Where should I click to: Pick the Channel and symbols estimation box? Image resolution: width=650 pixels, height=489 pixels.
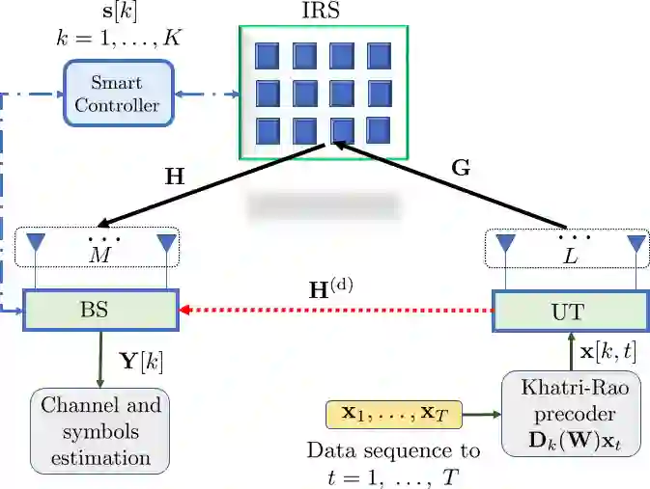100,429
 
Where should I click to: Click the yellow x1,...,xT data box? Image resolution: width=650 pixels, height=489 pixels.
394,415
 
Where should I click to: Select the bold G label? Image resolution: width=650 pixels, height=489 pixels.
461,167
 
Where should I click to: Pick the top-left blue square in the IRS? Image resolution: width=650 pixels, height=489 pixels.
267,57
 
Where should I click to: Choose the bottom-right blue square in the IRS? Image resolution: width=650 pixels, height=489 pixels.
379,129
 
